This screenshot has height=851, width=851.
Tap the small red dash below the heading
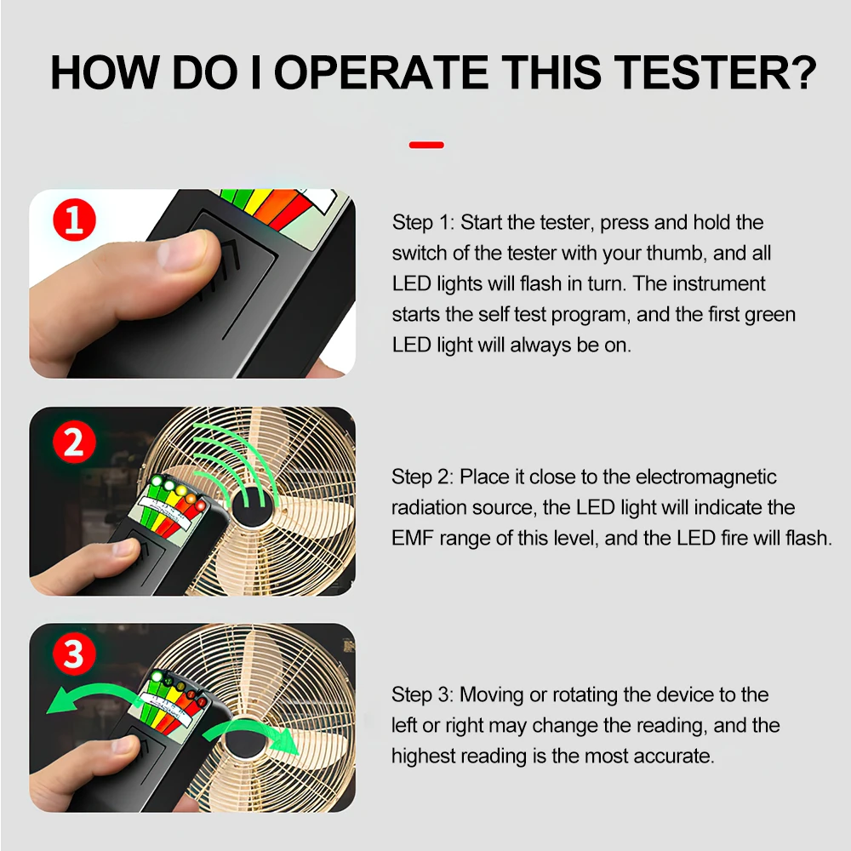426,145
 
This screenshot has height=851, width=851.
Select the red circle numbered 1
74,220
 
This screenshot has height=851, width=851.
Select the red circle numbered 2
74,442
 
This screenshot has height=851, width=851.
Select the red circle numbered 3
74,654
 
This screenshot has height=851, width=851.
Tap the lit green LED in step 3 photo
157,677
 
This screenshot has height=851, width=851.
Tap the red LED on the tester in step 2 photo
200,505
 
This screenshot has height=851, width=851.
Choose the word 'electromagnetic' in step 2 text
706,477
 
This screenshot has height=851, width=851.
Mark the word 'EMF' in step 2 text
412,539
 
